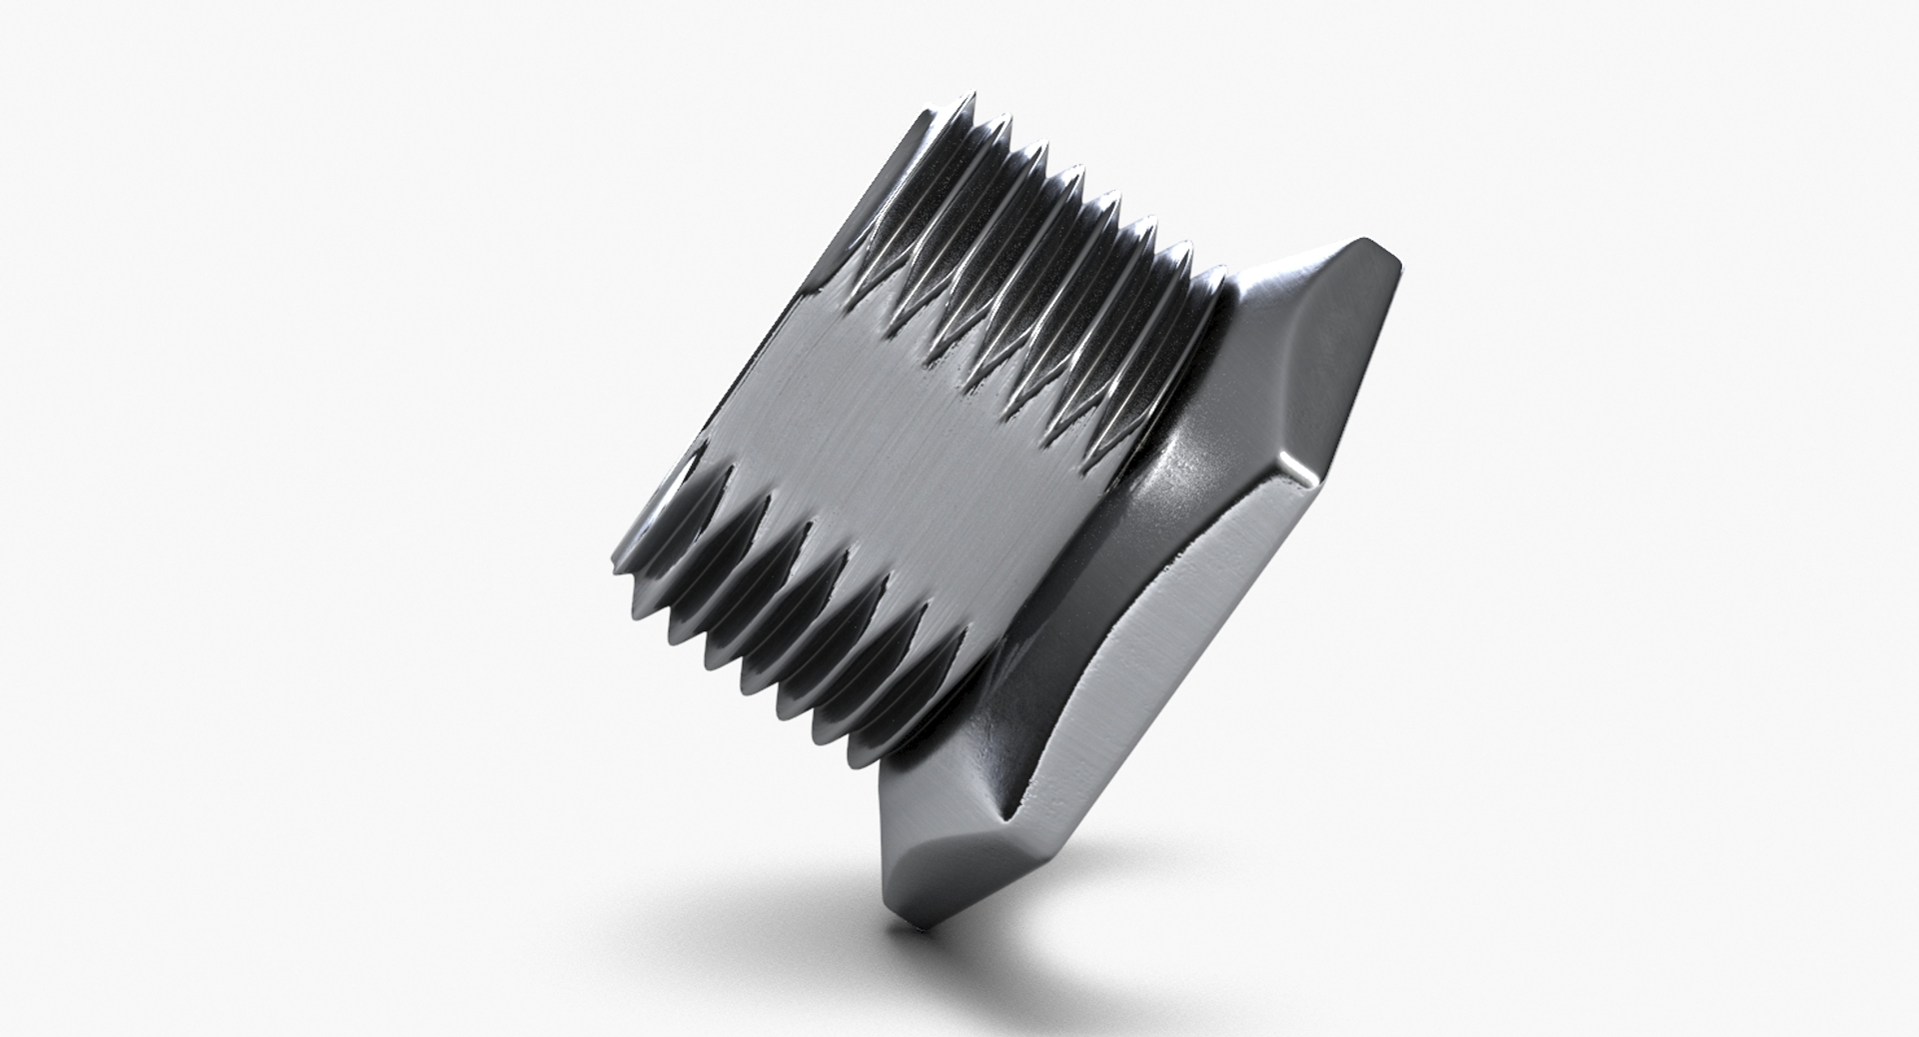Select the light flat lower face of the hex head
coord(1149,679)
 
